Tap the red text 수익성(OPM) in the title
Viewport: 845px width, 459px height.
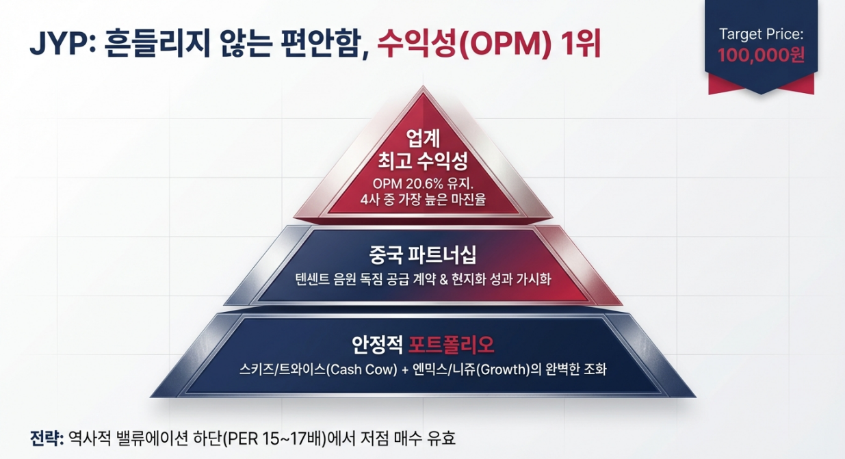point(465,46)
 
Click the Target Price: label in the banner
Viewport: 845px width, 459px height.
point(760,34)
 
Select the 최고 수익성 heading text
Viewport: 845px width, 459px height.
point(423,162)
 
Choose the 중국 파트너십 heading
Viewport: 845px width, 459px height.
point(422,256)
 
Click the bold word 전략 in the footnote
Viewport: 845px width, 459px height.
point(45,437)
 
